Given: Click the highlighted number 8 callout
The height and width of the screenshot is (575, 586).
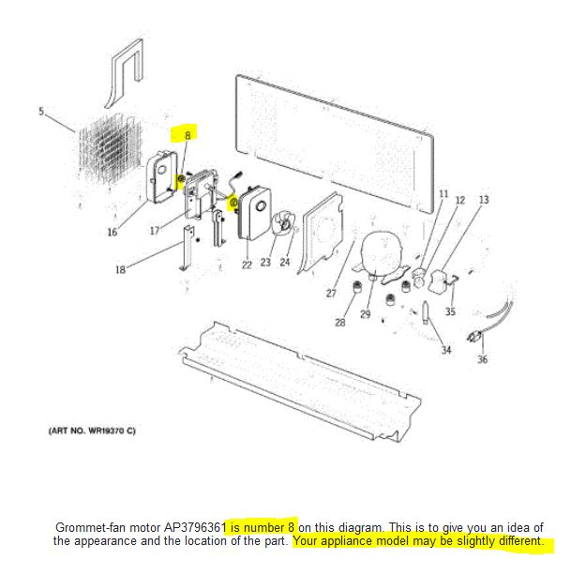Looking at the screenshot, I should coord(187,136).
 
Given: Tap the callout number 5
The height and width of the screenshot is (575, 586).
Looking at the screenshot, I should coord(41,112).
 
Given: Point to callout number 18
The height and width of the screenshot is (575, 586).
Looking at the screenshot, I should coord(120,270).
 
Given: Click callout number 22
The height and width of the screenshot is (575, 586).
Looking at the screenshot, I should coord(247,265).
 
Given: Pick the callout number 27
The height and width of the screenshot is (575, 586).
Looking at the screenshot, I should coord(331,293).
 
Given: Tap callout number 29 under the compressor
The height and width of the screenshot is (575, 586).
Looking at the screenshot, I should coord(365,314).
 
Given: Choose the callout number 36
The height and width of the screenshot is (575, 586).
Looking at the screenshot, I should coord(482,358).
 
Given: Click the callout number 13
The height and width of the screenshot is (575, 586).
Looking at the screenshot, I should coord(484,200).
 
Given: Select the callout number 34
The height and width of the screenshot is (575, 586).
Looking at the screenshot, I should coord(445,350).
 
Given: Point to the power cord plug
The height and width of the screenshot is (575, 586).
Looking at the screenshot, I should coord(474,336).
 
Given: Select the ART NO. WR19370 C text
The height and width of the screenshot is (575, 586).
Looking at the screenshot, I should coord(92,431).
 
